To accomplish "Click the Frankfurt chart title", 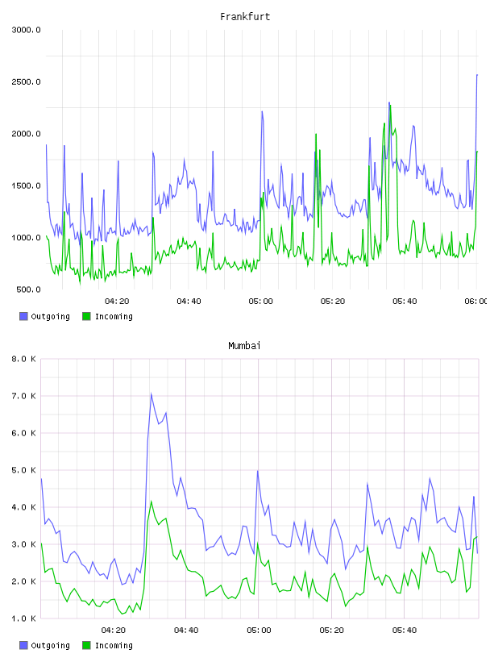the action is (245, 17).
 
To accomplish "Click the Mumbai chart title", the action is (244, 346).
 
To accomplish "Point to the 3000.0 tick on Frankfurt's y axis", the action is (26, 30).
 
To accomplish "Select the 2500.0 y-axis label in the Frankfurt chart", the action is (26, 81).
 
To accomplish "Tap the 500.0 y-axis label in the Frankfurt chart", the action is (28, 289).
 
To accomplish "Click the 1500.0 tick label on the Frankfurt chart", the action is (26, 186).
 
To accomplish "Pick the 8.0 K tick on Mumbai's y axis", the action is (23, 359).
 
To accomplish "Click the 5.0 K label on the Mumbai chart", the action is (23, 470).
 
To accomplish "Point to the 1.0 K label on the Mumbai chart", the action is (23, 618).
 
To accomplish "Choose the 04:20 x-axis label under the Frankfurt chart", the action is (117, 302).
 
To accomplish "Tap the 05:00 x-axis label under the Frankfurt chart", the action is (260, 302).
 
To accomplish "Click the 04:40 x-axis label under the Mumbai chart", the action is (186, 631).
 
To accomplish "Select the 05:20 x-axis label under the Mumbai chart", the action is (331, 631).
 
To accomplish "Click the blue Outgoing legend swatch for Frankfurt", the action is (23, 316).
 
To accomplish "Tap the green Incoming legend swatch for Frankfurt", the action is (86, 316).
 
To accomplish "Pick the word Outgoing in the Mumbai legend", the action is (50, 645).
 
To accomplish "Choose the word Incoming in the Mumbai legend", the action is (114, 645).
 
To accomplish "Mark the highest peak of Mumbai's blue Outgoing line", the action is (151, 394).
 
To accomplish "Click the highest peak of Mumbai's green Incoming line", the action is (152, 501).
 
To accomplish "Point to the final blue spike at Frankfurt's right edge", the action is (477, 75).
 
